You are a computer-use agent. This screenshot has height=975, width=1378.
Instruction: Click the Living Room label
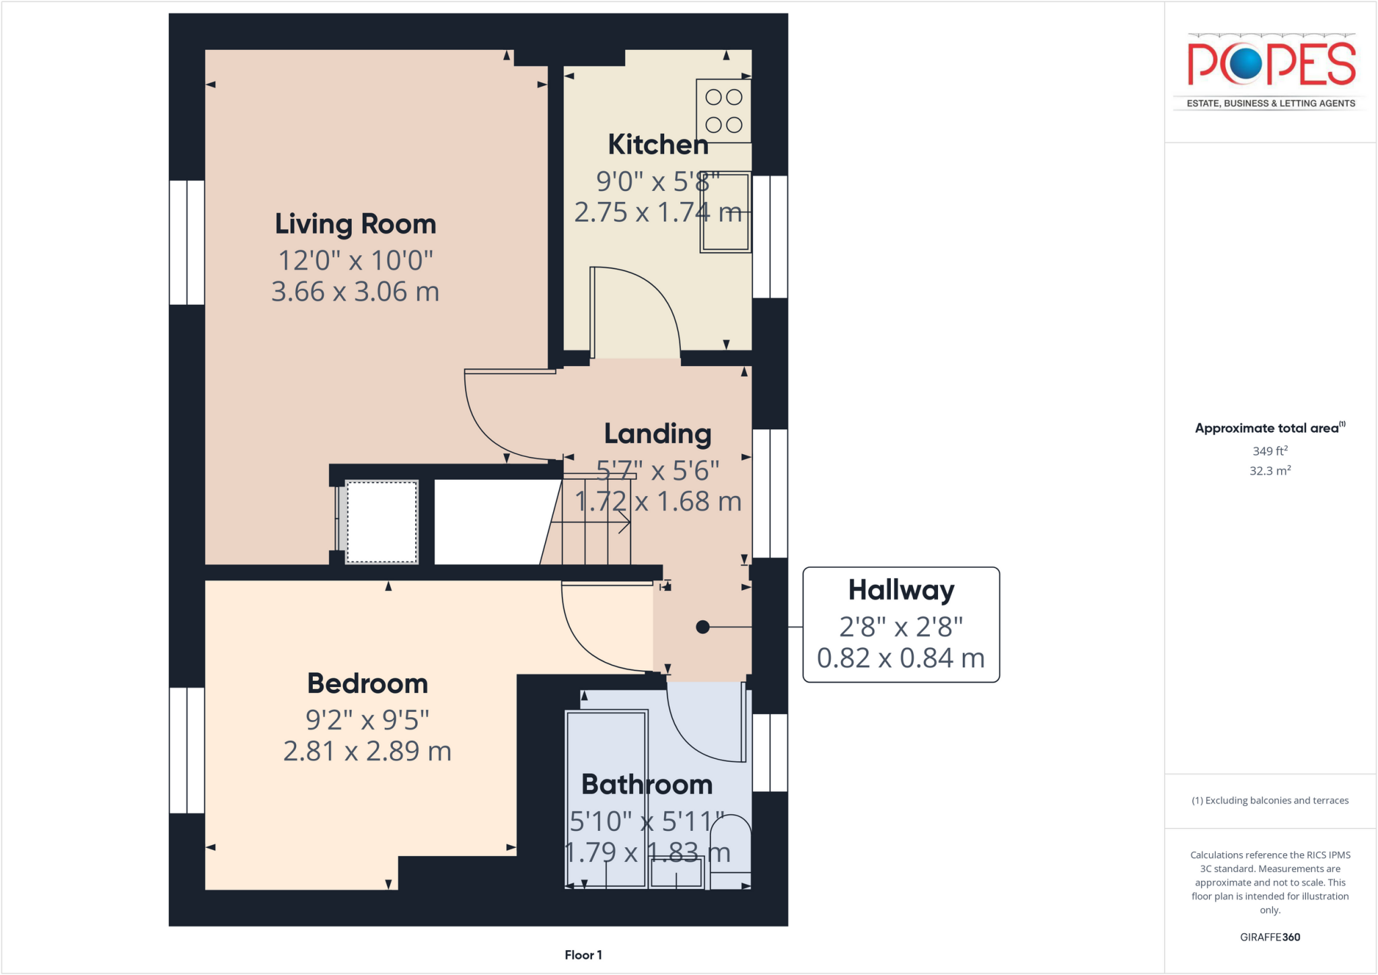(355, 224)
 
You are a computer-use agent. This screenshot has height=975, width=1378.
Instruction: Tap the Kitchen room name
(657, 145)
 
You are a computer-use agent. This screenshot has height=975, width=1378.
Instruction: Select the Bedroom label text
(367, 684)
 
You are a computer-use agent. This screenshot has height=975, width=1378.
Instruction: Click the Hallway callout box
(901, 624)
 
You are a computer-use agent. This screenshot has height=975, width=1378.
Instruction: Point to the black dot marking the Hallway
(702, 627)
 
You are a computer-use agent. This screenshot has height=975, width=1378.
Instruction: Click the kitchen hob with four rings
(723, 111)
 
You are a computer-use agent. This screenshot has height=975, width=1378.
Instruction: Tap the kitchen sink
(725, 212)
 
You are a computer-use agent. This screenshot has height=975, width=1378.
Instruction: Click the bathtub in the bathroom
(606, 797)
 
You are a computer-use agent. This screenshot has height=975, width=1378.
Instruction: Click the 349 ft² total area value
(1270, 451)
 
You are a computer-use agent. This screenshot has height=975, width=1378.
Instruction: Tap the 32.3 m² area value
(1270, 471)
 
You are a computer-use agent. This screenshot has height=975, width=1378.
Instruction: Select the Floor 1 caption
(583, 955)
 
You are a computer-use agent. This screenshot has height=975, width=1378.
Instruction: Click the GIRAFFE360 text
(1270, 937)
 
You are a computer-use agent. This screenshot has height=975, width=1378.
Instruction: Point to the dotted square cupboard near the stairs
(382, 522)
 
